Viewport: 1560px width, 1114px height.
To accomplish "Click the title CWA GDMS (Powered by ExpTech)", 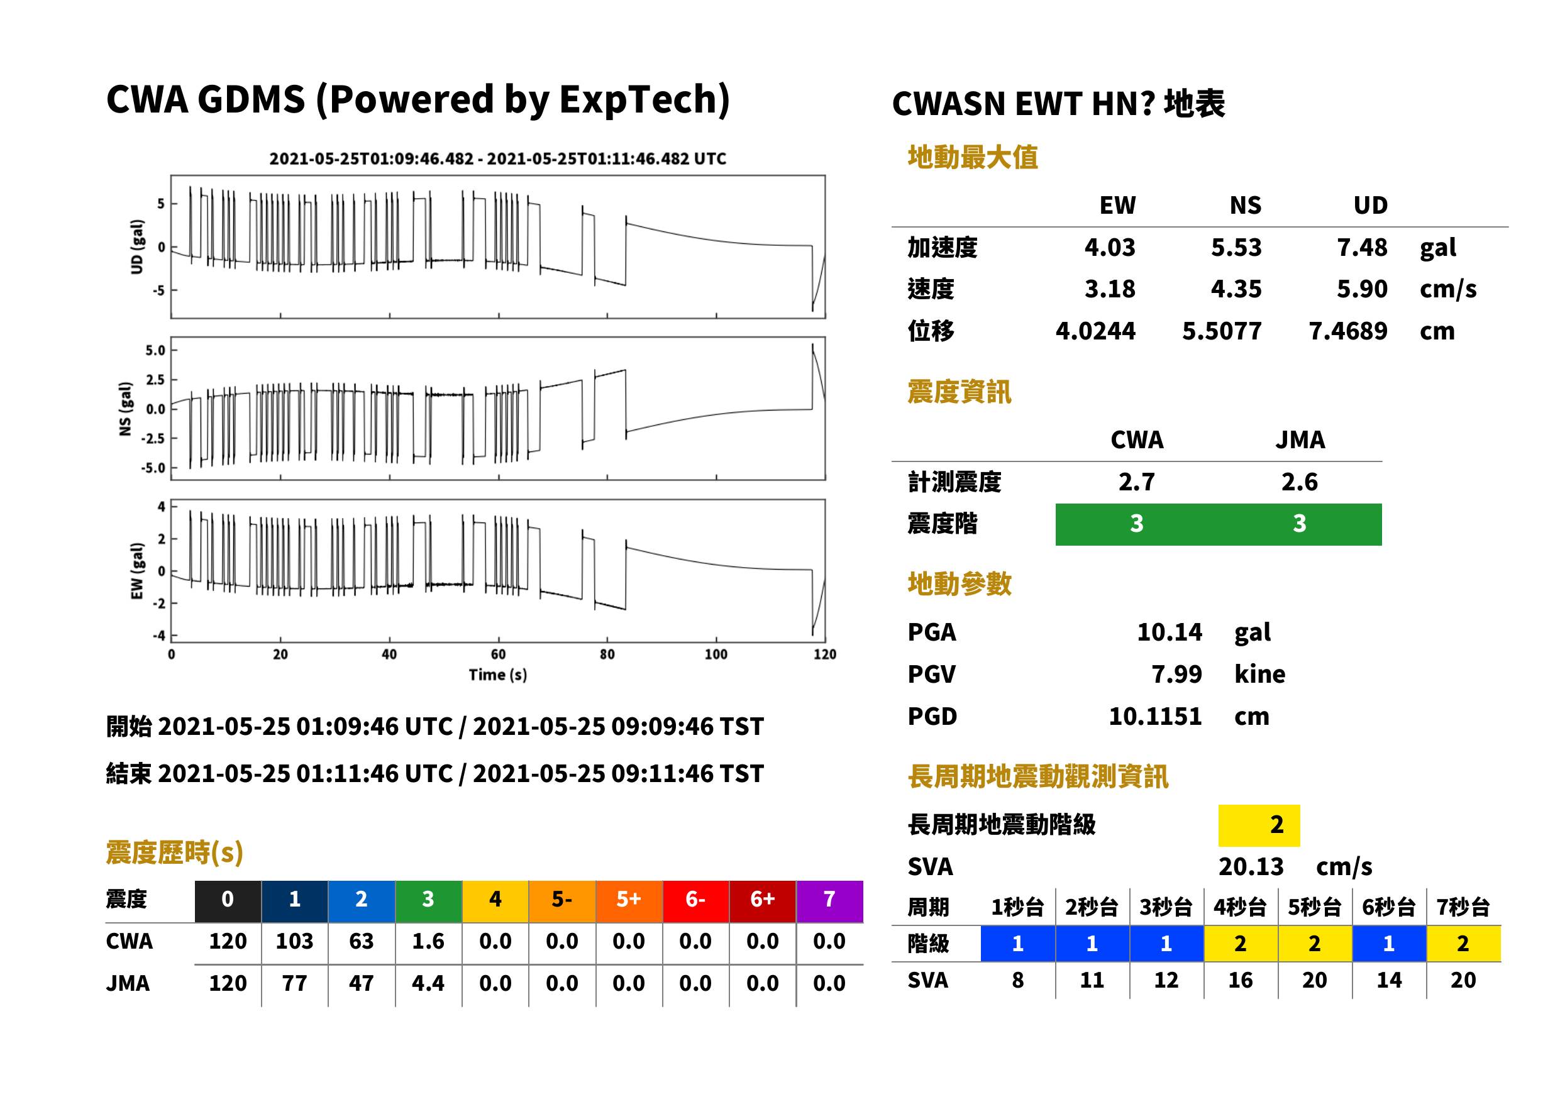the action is click(x=418, y=99).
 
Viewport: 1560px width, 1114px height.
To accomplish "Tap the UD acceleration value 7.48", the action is click(x=1361, y=247).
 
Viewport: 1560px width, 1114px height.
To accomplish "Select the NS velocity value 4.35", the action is click(x=1236, y=289).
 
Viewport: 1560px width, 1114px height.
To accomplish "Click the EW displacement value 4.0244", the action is click(x=1095, y=331).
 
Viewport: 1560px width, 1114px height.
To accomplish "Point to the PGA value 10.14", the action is click(x=1169, y=632).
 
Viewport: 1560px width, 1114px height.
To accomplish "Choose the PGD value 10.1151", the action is click(x=1155, y=717).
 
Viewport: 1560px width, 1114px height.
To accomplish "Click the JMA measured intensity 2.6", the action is click(x=1299, y=482).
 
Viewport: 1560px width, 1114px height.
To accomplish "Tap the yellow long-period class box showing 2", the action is click(x=1258, y=825).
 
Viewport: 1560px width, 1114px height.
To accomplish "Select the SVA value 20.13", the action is click(x=1251, y=867).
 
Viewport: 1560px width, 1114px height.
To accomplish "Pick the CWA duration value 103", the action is click(x=294, y=941).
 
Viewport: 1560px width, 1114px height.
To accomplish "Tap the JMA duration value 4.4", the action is click(x=428, y=984).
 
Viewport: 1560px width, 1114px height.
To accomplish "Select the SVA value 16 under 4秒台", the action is click(x=1241, y=980).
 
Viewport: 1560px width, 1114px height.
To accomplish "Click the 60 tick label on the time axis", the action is click(x=498, y=654).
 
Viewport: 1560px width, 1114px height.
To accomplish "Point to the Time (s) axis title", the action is click(x=498, y=675).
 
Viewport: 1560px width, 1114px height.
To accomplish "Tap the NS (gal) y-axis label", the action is click(x=125, y=409).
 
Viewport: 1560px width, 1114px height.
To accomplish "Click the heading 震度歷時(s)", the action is click(x=175, y=852).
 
